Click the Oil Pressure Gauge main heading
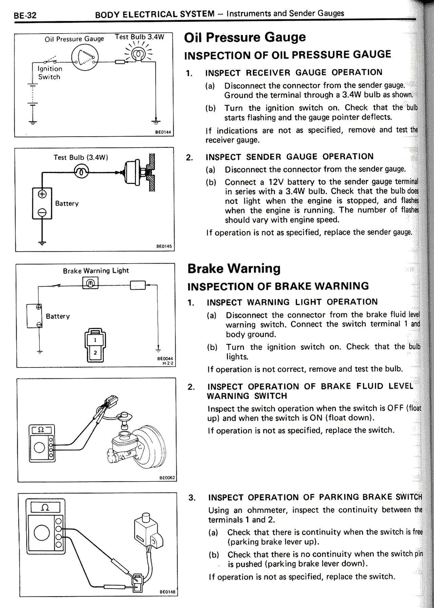pyautogui.click(x=244, y=37)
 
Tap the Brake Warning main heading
pyautogui.click(x=234, y=268)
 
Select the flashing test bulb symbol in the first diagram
pyautogui.click(x=138, y=55)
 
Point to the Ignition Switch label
pyautogui.click(x=50, y=73)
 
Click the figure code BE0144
pyautogui.click(x=163, y=133)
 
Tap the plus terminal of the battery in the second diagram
pyautogui.click(x=42, y=194)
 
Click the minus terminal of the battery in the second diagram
pyautogui.click(x=42, y=212)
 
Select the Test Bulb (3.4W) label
pyautogui.click(x=81, y=157)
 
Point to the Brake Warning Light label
pyautogui.click(x=96, y=271)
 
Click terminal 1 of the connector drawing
pyautogui.click(x=95, y=340)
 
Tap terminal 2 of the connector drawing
pyautogui.click(x=95, y=353)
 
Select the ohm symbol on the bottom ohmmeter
pyautogui.click(x=45, y=508)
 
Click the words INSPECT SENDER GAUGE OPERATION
pyautogui.click(x=289, y=157)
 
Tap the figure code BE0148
pyautogui.click(x=167, y=592)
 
